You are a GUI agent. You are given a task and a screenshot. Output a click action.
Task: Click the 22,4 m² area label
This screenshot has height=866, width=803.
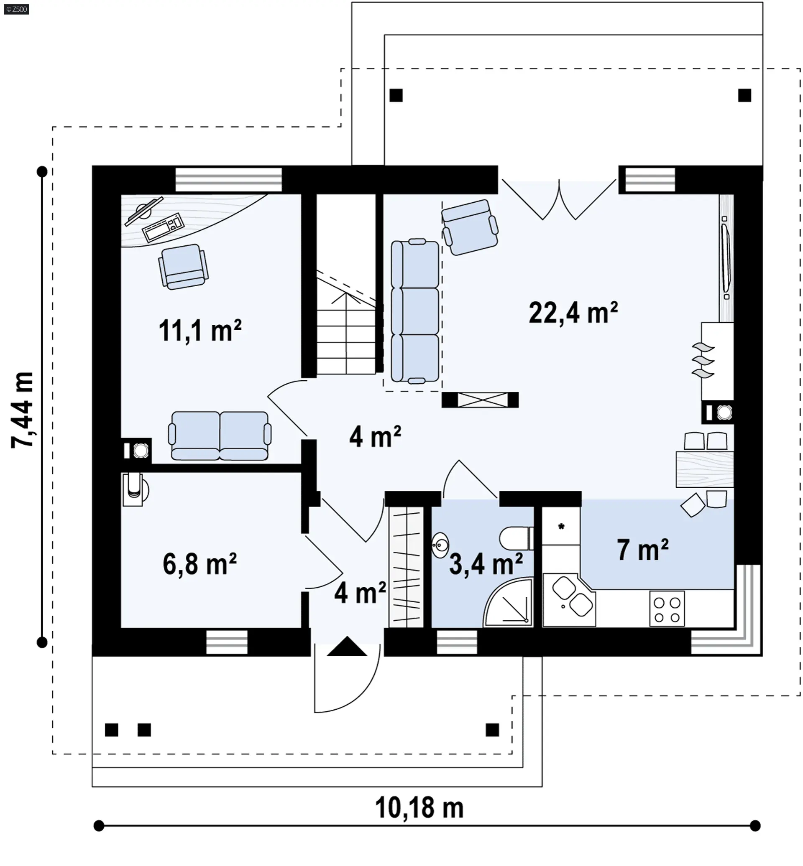(573, 313)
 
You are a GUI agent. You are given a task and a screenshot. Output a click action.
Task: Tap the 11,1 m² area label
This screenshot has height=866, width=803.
(200, 331)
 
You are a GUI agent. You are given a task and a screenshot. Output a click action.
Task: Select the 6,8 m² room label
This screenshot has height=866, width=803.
(200, 564)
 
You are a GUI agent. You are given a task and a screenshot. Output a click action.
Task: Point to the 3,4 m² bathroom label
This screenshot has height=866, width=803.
(486, 564)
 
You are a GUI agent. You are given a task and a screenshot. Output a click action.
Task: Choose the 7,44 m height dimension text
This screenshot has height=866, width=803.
(22, 410)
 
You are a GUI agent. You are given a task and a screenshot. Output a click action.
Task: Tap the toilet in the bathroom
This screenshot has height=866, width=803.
(516, 538)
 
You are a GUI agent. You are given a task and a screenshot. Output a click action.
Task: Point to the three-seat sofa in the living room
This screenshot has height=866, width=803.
(414, 311)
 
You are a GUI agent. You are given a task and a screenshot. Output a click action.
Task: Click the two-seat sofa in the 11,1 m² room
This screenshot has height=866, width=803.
(220, 436)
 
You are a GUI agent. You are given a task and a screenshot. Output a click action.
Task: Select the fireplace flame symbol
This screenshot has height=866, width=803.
(702, 360)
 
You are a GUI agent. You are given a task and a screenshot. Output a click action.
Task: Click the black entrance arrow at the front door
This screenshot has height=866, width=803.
(347, 646)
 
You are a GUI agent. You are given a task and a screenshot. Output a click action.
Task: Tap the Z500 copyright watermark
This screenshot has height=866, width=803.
(16, 9)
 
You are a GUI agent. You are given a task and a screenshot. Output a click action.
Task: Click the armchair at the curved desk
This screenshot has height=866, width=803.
(183, 267)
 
